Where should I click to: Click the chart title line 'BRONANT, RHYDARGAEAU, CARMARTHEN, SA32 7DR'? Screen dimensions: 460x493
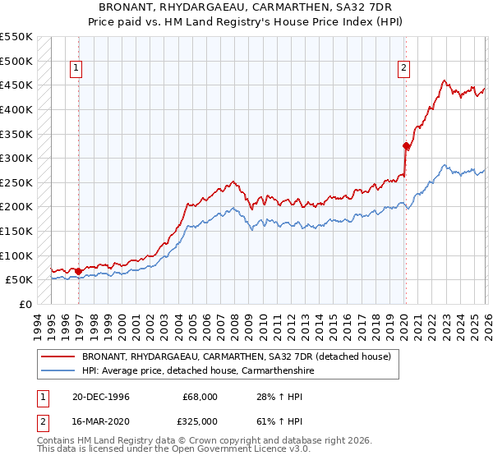(x=246, y=7)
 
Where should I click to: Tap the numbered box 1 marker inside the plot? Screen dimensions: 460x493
(x=76, y=69)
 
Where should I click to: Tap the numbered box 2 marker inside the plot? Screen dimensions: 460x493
(x=404, y=69)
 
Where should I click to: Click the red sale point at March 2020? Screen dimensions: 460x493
(x=406, y=146)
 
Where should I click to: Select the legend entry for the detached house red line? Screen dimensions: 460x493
(x=241, y=357)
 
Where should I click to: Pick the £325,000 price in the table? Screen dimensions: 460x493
(x=200, y=421)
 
